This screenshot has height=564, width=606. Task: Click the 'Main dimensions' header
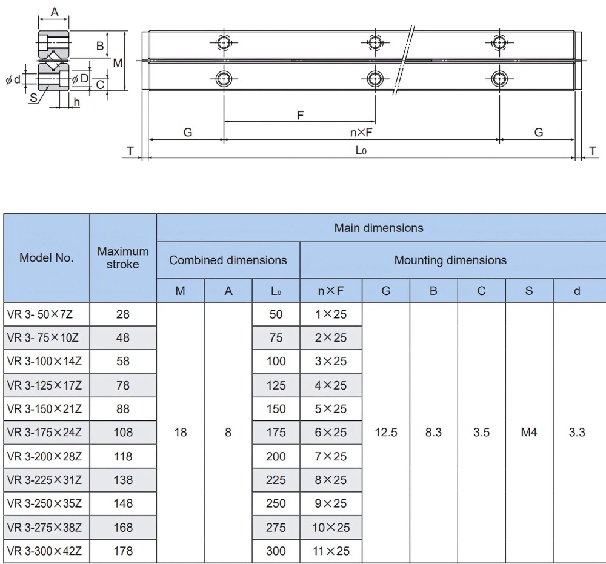(x=379, y=228)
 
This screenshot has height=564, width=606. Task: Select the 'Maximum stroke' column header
(x=123, y=257)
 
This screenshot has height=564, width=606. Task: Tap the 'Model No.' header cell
(x=47, y=257)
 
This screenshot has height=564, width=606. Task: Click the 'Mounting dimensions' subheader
(x=450, y=260)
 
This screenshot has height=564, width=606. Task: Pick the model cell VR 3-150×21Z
(x=47, y=409)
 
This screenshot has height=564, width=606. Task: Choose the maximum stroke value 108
(x=123, y=433)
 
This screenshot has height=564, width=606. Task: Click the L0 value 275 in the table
(x=276, y=528)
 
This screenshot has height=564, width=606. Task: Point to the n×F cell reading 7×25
(x=331, y=456)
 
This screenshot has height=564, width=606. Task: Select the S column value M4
(x=529, y=433)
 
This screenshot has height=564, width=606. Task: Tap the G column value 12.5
(x=386, y=433)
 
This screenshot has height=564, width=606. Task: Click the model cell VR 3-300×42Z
(x=47, y=551)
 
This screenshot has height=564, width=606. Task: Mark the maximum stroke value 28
(x=123, y=314)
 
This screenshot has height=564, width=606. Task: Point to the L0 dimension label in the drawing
(x=361, y=151)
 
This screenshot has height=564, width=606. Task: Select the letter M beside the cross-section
(x=118, y=62)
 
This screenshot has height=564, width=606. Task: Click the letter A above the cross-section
(x=54, y=12)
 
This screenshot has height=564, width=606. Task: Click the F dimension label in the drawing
(x=300, y=115)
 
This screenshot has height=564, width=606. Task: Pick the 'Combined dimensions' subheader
(x=228, y=260)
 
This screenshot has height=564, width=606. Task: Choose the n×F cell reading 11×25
(x=331, y=551)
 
